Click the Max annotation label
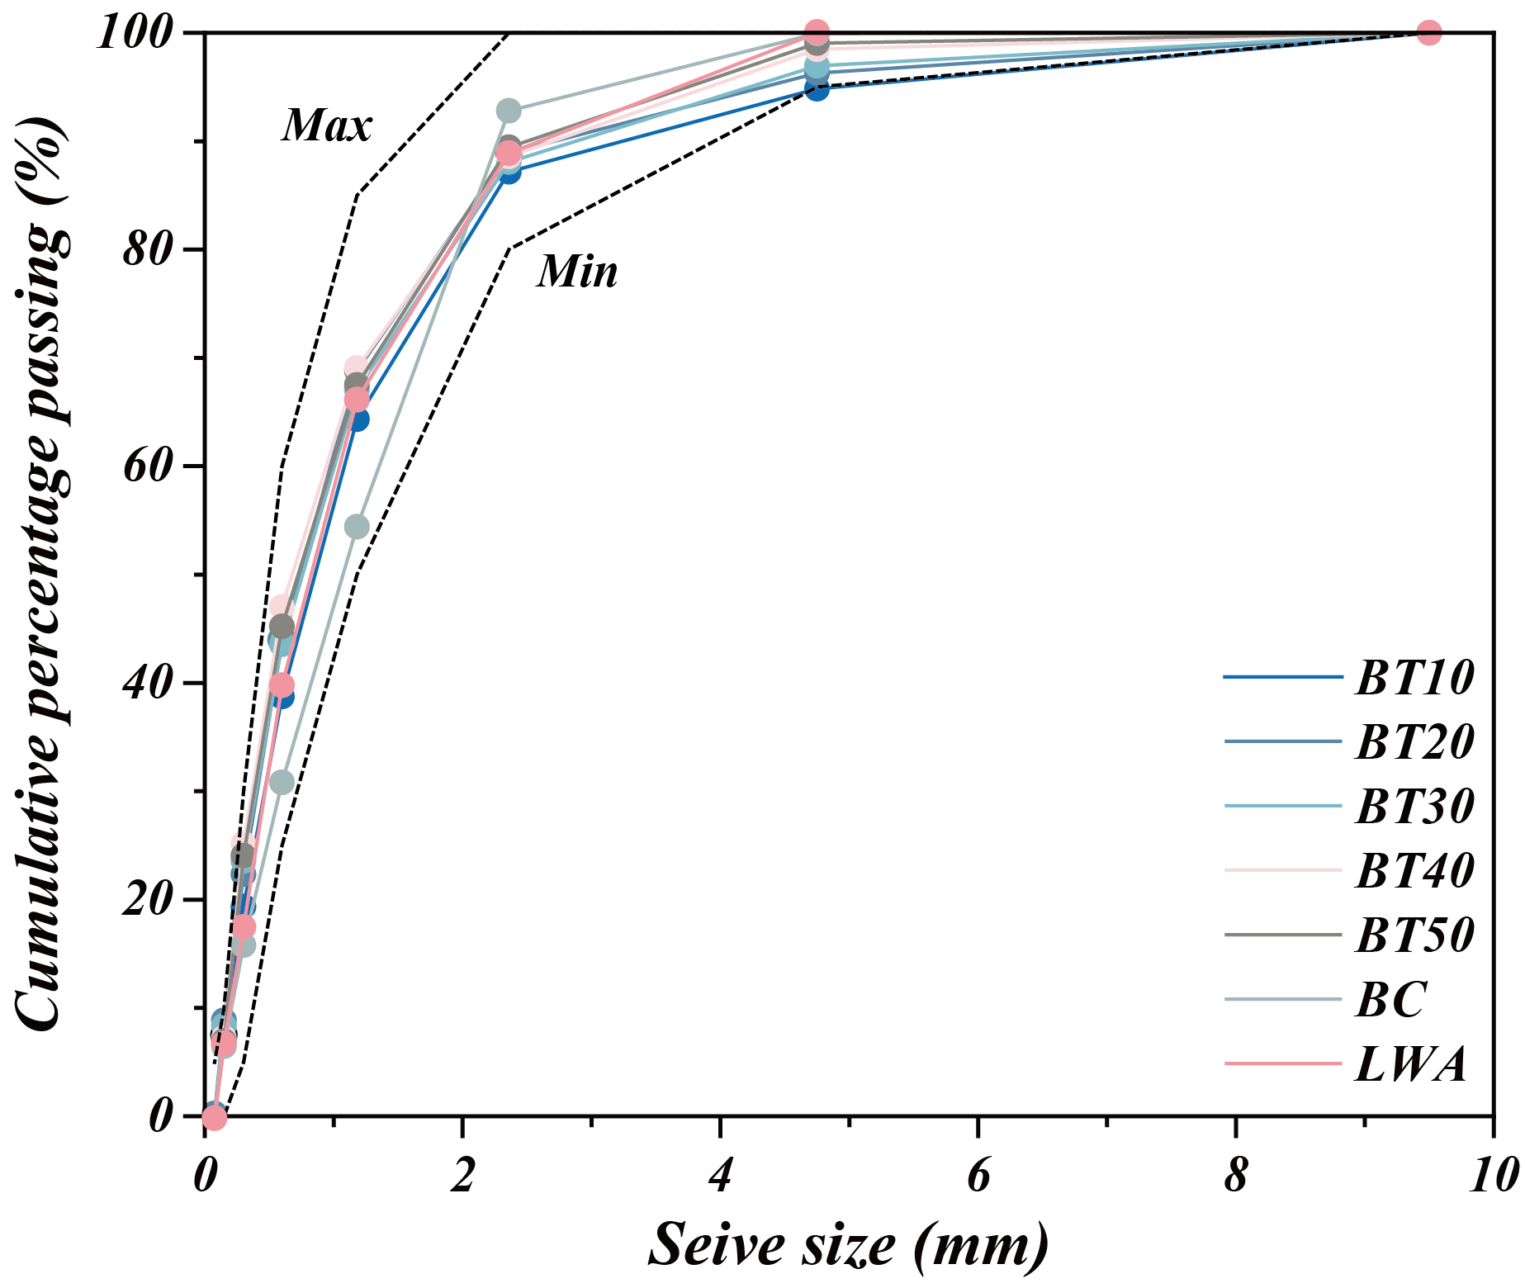coord(327,126)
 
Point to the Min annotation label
coord(577,272)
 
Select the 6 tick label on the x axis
coord(978,1176)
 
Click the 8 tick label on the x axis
coord(1236,1176)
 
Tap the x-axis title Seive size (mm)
coord(849,1245)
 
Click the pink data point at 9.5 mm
coord(1429,32)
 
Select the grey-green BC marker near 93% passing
coord(509,110)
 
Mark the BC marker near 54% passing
coord(356,527)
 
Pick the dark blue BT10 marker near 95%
coord(817,88)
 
